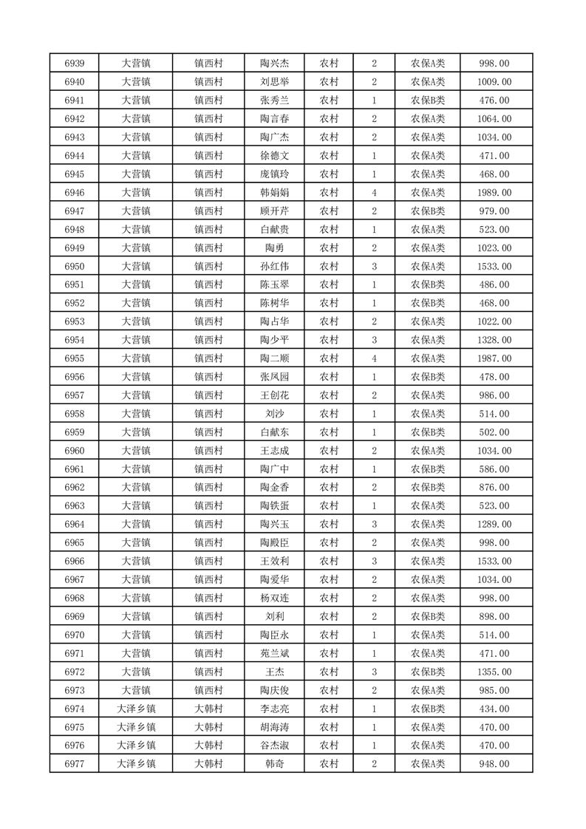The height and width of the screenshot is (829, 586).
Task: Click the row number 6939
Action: (x=74, y=64)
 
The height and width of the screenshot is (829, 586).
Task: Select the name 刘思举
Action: (x=274, y=82)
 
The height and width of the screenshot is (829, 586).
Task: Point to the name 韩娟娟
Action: (x=274, y=193)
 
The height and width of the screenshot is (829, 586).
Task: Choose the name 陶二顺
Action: (x=274, y=358)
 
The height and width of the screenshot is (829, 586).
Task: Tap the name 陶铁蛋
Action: (x=274, y=506)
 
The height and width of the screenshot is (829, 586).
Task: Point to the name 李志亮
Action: (x=274, y=709)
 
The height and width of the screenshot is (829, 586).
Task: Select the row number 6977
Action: (x=74, y=764)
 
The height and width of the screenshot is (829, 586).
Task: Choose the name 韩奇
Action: (x=274, y=764)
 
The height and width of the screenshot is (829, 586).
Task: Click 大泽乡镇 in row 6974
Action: (x=136, y=709)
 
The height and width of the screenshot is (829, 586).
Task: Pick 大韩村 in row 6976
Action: (x=208, y=746)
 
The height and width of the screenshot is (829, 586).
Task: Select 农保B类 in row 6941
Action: (x=428, y=100)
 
